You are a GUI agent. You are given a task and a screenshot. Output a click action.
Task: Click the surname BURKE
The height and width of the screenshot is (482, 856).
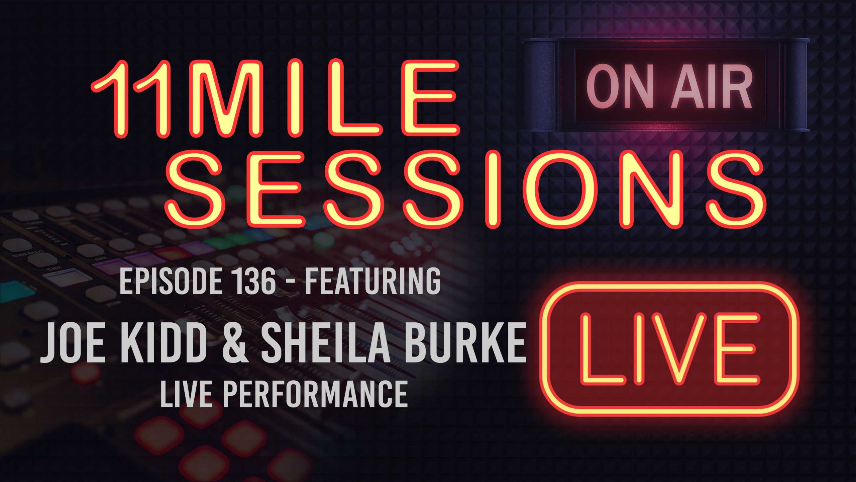(465, 343)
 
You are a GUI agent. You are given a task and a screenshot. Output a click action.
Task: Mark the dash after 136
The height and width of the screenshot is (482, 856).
(293, 283)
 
